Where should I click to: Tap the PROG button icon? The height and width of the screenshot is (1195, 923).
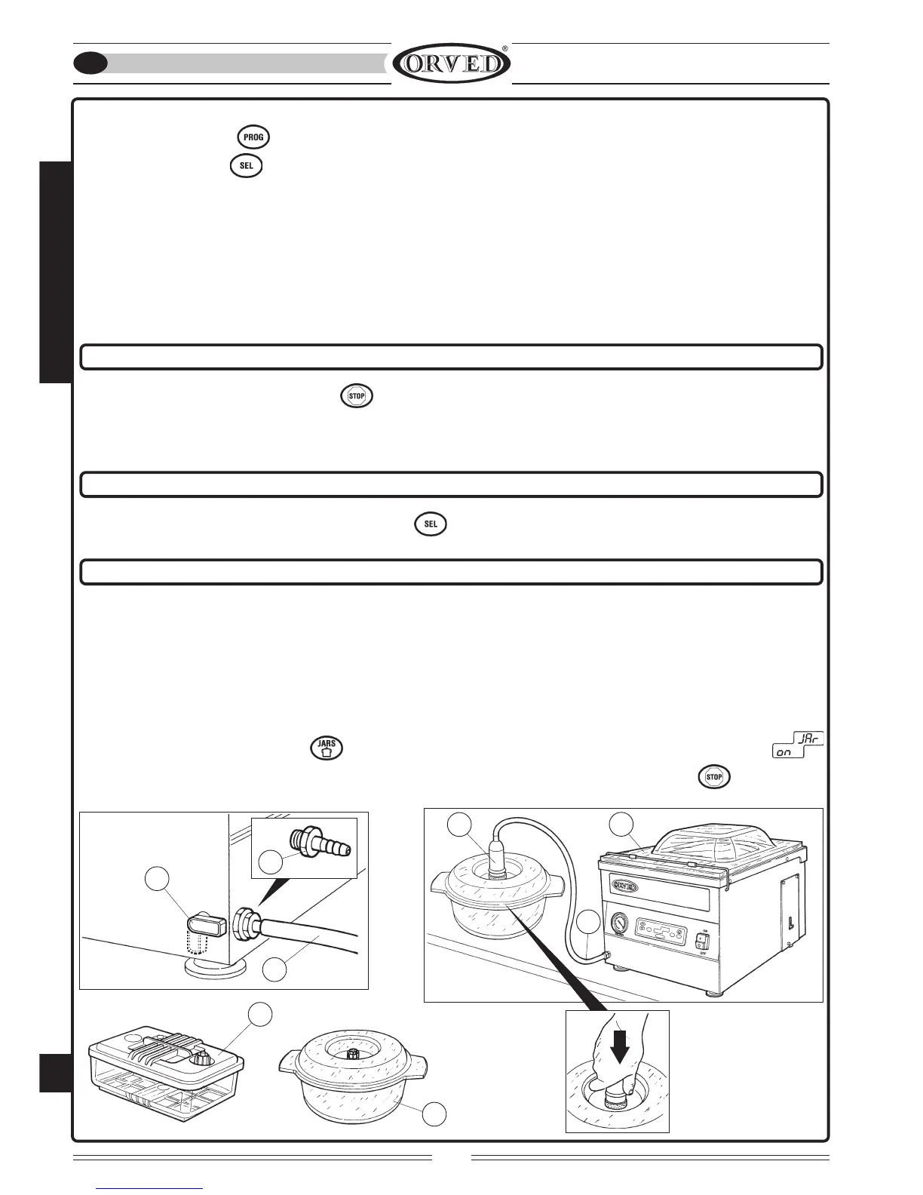(x=253, y=137)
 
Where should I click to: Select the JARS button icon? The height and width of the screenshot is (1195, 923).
(x=327, y=748)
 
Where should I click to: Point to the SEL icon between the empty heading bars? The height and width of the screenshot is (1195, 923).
(x=431, y=524)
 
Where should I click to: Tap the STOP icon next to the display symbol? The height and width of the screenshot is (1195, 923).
(x=714, y=776)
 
